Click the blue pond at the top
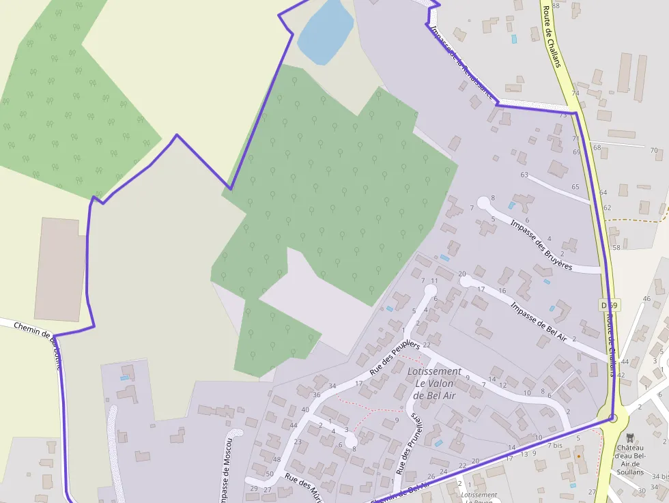(326, 31)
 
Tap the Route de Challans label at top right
(552, 38)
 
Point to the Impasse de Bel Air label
(539, 321)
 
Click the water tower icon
(629, 437)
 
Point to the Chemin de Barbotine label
(38, 339)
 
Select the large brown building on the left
(61, 270)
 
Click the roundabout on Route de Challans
(612, 418)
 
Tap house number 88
(556, 5)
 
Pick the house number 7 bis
(555, 445)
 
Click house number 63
(524, 175)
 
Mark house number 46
(646, 299)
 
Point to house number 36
(316, 394)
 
